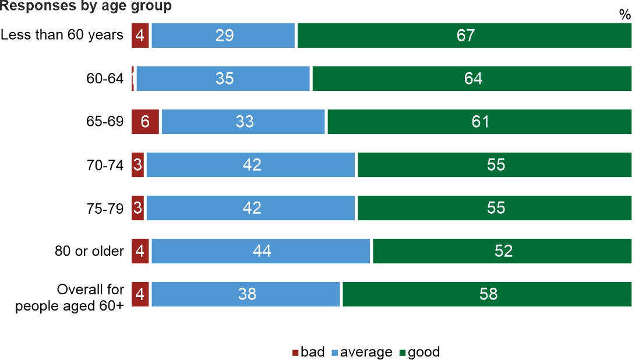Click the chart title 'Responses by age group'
(86, 6)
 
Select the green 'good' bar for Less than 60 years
(464, 36)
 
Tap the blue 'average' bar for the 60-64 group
(223, 79)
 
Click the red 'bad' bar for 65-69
(145, 122)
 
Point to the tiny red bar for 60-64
(133, 79)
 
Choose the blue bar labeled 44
(260, 251)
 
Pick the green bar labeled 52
(502, 251)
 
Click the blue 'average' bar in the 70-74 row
(251, 165)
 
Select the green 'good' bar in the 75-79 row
(495, 208)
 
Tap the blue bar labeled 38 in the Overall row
(246, 294)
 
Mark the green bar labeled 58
(487, 294)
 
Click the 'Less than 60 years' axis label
(62, 35)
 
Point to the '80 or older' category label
(89, 251)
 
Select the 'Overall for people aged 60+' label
(70, 298)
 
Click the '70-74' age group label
(105, 165)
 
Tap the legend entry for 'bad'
(308, 352)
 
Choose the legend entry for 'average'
(361, 352)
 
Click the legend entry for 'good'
(419, 352)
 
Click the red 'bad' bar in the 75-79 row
(138, 208)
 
